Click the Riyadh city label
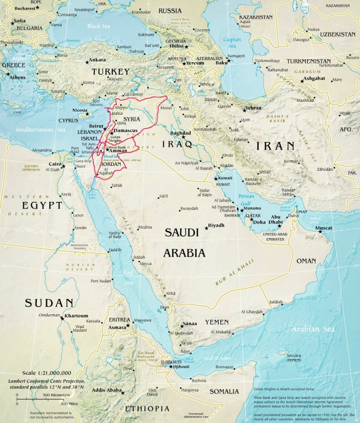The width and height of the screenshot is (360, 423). pos(216,226)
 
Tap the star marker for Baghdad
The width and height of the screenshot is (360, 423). pos(184,137)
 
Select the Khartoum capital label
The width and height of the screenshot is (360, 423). pos(77,316)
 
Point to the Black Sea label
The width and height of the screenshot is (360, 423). pos(99,26)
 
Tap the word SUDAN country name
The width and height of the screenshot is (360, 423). pos(49,303)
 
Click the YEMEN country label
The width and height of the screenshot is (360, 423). pos(217,322)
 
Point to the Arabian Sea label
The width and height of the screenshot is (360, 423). pos(313,329)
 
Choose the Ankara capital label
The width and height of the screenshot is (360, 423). pos(97,60)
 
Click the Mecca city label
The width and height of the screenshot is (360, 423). pos(145,263)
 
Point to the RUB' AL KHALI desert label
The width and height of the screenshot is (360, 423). pos(235,273)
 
